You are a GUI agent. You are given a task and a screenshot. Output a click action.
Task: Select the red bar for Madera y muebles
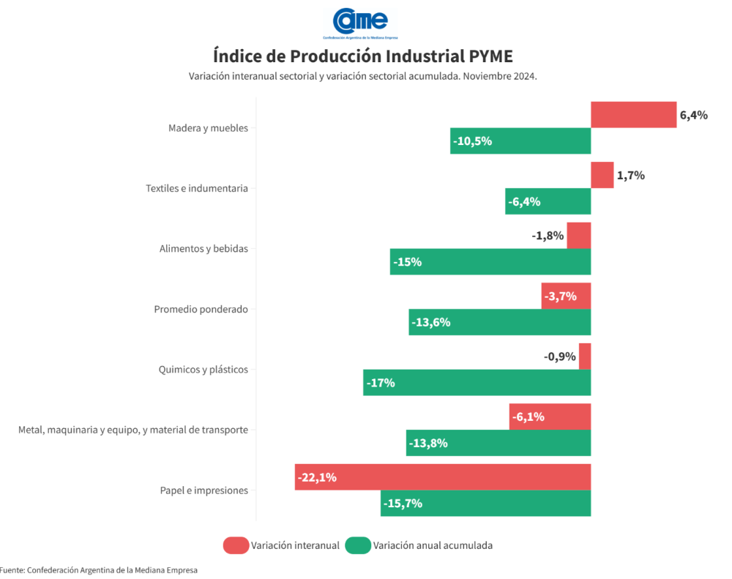[x=633, y=115]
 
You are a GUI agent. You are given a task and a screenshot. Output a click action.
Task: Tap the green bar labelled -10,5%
[x=520, y=141]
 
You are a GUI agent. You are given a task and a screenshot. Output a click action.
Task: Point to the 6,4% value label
[x=694, y=115]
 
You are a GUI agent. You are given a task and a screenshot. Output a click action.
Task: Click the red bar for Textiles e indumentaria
[x=602, y=175]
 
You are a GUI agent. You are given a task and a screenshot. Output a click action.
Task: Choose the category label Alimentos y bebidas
[x=203, y=249]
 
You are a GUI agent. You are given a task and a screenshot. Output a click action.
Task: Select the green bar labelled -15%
[x=490, y=262]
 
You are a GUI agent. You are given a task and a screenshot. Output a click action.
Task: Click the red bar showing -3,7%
[x=566, y=296]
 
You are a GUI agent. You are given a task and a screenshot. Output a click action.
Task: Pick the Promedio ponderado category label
[x=201, y=310]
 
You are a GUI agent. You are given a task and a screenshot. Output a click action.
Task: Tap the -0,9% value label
[x=560, y=356]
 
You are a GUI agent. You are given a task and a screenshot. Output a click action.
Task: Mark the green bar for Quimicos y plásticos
[x=477, y=383]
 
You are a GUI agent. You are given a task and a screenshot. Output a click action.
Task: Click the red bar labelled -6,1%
[x=550, y=416]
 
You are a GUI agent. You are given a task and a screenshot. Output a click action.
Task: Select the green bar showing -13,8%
[x=498, y=443]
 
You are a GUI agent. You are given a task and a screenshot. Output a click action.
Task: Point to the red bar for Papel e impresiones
[x=443, y=477]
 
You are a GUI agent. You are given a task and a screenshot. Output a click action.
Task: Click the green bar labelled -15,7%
[x=485, y=504]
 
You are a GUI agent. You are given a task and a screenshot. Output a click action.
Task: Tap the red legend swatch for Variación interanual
[x=236, y=545]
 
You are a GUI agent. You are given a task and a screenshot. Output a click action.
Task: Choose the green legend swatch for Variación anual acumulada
[x=358, y=545]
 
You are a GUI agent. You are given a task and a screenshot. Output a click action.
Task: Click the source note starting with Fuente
[x=99, y=570]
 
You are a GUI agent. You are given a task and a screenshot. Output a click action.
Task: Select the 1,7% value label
[x=630, y=176]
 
